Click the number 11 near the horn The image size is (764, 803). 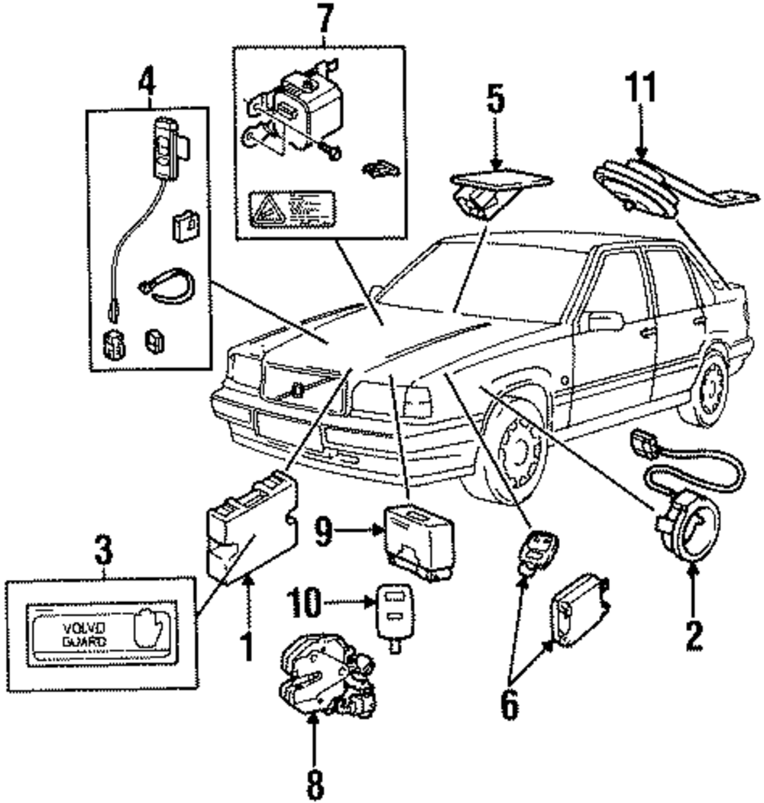coord(640,89)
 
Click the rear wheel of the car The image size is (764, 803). coord(707,390)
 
